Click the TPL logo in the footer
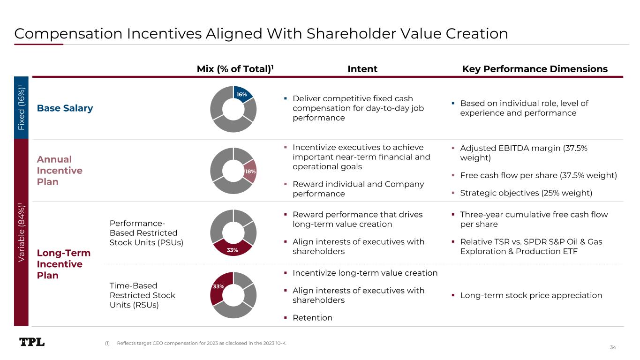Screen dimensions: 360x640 coord(32,342)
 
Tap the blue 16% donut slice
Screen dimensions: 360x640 coord(243,94)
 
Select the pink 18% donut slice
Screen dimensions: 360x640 coord(250,172)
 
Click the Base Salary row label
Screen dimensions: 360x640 coord(65,108)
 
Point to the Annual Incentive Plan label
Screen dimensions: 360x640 coord(60,171)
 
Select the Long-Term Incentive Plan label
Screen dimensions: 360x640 coord(63,264)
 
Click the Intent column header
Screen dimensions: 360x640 coord(362,69)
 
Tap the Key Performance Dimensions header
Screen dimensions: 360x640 coord(535,69)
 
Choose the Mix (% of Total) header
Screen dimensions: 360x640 coord(235,69)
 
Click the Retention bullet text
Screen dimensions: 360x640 coord(312,318)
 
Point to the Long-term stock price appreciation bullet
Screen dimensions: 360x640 coord(531,295)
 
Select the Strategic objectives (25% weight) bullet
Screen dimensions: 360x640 coord(526,193)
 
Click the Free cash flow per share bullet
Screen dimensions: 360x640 coord(538,175)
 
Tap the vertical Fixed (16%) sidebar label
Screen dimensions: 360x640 coord(22,108)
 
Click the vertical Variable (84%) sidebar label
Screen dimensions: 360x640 coord(22,232)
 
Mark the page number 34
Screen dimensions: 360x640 coord(613,347)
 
